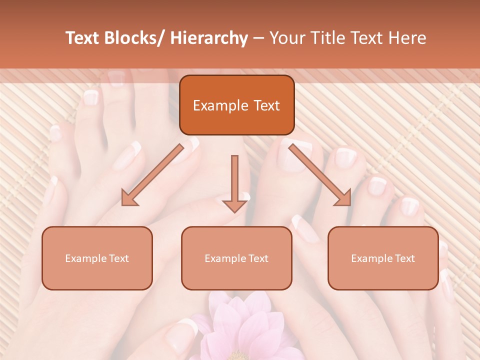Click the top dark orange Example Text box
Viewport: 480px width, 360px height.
point(236,105)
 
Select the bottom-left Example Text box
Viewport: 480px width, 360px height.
point(97,258)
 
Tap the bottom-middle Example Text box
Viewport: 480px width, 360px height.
point(236,258)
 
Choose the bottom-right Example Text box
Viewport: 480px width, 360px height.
point(383,258)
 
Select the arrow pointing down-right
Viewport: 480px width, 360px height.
point(320,175)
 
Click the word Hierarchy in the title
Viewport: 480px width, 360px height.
point(209,38)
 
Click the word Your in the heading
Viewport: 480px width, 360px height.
point(287,38)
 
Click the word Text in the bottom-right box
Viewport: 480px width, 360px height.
point(404,258)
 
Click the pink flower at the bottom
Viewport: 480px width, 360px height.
point(240,330)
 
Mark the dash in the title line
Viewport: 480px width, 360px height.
point(259,38)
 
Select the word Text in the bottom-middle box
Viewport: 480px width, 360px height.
point(258,258)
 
